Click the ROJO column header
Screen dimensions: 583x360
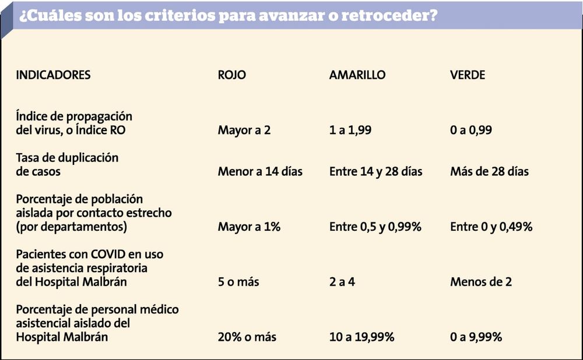[231, 75]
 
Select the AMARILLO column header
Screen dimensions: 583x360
[357, 75]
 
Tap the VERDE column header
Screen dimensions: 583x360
[468, 75]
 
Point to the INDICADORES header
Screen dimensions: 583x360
[53, 75]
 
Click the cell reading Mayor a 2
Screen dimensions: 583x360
[244, 130]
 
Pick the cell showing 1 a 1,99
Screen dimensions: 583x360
[350, 130]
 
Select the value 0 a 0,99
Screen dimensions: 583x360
[471, 130]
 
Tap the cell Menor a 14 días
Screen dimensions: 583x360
[260, 171]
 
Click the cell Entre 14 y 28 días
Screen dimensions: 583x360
[376, 171]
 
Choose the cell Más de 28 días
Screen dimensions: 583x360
[489, 171]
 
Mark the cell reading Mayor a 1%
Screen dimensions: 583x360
[249, 227]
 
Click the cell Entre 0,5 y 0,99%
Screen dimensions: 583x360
[375, 227]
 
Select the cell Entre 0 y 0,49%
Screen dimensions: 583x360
[491, 227]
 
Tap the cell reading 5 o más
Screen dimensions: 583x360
[238, 281]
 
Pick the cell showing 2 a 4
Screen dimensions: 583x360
[342, 281]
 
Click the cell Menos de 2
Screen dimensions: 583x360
[481, 281]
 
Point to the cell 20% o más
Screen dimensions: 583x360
[247, 337]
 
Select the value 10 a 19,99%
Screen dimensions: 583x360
[362, 337]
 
